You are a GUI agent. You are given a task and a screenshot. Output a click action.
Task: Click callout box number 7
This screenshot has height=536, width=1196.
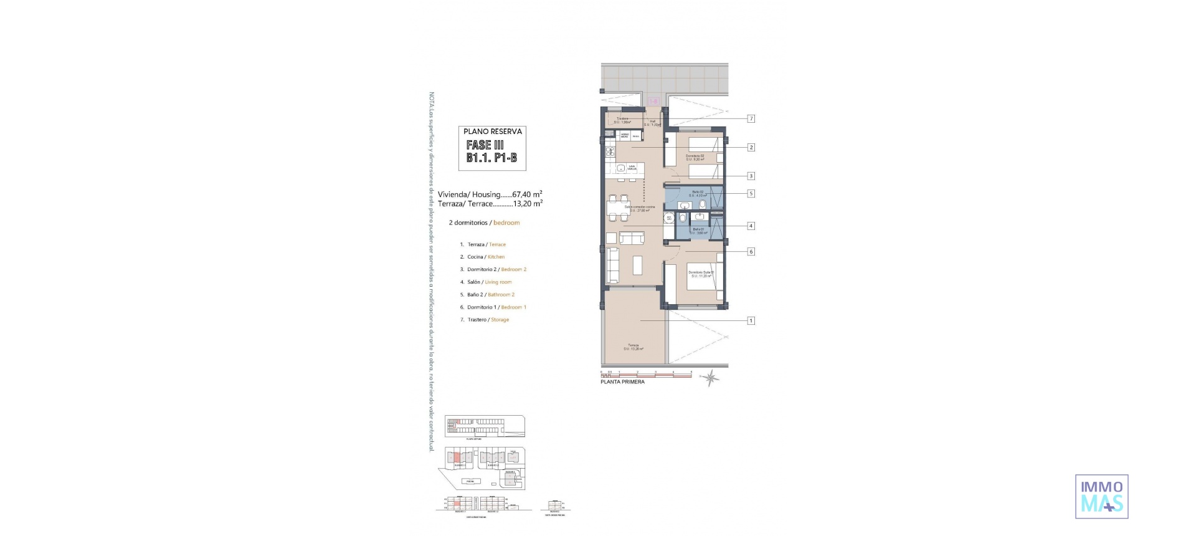[x=751, y=118]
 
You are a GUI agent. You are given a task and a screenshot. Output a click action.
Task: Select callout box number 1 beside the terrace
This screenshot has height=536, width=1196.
[x=751, y=320]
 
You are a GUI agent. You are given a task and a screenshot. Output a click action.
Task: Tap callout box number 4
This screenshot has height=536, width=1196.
[x=751, y=226]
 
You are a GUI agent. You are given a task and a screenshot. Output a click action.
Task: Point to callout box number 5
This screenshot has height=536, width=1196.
[x=751, y=193]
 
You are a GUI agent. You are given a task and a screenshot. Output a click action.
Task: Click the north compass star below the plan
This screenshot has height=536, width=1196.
[x=711, y=377]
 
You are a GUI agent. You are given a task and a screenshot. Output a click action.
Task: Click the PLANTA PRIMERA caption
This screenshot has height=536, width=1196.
[x=622, y=382]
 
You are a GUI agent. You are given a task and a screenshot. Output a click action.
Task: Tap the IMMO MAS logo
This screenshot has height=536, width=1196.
[x=1101, y=496]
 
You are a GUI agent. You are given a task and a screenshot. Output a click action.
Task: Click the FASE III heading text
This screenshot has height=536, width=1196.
[x=485, y=145]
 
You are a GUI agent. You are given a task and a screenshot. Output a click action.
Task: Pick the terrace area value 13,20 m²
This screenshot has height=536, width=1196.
[x=527, y=203]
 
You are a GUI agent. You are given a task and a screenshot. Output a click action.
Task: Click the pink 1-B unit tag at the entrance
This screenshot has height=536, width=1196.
[x=653, y=100]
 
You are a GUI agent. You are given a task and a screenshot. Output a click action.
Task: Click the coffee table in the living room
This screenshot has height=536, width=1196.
[x=638, y=265]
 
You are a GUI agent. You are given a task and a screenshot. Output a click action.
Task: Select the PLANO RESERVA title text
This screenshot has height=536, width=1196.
[x=493, y=132]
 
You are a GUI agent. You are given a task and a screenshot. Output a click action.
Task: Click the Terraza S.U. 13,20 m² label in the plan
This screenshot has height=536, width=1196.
[x=633, y=347]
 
